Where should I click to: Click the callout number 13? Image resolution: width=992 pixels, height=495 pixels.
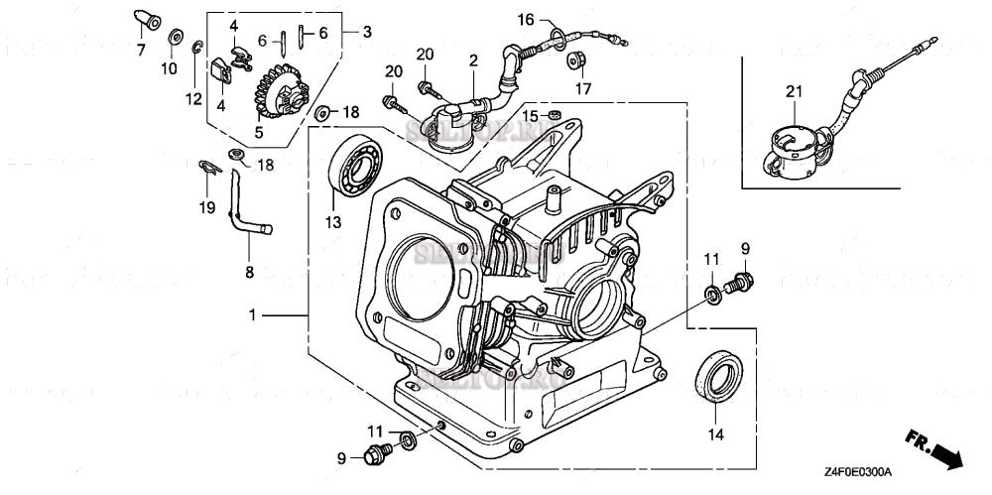click(332, 221)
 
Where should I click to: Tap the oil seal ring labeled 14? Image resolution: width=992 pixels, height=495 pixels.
click(716, 377)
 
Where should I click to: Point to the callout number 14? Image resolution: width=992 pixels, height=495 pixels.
click(715, 433)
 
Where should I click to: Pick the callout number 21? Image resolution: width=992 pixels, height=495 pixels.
click(792, 92)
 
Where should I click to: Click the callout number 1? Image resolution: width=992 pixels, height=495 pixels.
click(253, 314)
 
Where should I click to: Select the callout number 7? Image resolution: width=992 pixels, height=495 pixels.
click(140, 49)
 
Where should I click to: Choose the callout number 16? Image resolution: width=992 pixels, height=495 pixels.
click(525, 19)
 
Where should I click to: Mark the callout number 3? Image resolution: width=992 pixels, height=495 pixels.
click(366, 32)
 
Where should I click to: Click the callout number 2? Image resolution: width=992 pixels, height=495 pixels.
click(474, 61)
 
